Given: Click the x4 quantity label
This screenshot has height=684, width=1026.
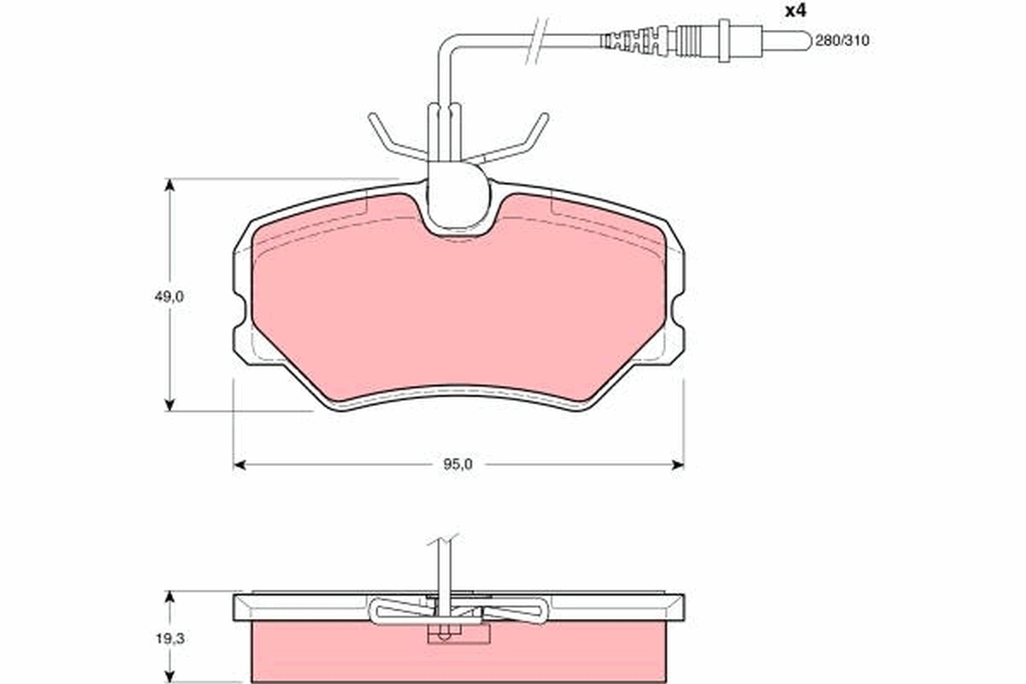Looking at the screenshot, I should pos(795,11).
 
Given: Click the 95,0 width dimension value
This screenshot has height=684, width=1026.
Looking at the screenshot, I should pos(458,464).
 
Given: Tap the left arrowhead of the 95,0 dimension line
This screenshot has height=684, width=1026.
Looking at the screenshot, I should pos(239,464).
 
